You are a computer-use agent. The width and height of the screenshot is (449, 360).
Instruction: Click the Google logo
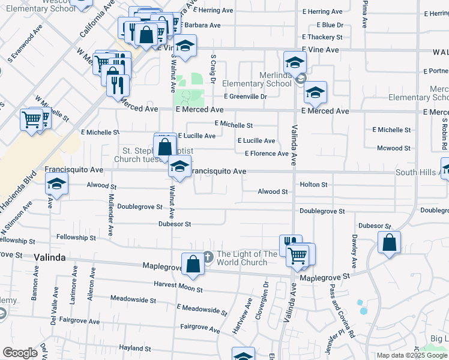(20, 353)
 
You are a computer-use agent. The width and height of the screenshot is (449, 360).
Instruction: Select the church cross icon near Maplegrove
(208, 255)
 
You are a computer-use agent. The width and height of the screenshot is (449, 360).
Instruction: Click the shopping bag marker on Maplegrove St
(193, 265)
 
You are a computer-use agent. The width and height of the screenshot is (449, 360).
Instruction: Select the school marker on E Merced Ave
(315, 92)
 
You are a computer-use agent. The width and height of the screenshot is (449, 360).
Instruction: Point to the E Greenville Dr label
(246, 96)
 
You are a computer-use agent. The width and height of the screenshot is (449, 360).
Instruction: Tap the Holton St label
(314, 185)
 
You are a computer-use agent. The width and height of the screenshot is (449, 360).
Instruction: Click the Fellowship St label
(72, 238)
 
